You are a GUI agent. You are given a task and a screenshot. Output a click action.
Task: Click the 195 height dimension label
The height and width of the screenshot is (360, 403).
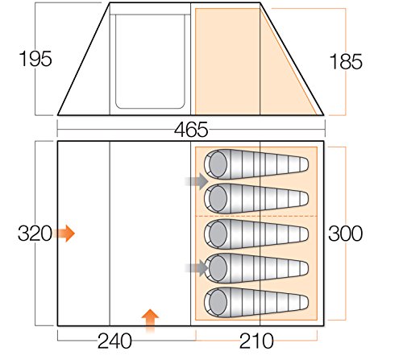35,59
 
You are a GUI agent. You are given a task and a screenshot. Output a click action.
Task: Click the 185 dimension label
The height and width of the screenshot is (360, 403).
346,62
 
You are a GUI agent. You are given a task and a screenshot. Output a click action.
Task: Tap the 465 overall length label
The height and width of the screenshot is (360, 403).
191,130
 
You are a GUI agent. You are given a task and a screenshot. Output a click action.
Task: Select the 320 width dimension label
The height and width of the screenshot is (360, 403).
35,234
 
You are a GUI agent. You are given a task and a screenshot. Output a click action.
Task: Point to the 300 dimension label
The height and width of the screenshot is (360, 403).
345,234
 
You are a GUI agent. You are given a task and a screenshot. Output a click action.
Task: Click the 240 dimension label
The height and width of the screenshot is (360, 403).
114,341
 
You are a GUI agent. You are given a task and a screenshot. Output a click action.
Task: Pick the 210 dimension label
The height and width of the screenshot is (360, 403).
256,341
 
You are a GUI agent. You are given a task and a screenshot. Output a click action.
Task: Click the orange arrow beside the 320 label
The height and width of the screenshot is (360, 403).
64,234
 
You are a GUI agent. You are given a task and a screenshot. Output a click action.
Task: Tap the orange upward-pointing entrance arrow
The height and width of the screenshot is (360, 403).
150,321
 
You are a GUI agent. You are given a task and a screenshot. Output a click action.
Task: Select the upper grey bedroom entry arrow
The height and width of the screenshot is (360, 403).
197,181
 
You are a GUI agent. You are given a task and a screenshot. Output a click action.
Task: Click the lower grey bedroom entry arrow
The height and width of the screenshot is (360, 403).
197,268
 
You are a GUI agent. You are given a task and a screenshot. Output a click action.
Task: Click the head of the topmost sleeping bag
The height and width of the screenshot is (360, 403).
218,164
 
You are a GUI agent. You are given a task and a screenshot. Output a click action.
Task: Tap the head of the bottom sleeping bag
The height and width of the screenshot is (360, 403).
218,302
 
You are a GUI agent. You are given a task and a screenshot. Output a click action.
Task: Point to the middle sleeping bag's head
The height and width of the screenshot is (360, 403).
218,234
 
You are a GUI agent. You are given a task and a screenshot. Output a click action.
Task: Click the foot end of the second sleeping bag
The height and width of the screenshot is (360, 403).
302,199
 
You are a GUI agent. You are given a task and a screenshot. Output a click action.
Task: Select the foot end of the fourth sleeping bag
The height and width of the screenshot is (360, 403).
302,268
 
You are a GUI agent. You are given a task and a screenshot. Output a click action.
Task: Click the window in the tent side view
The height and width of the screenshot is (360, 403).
150,62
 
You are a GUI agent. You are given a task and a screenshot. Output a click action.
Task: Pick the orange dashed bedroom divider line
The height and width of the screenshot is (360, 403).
256,216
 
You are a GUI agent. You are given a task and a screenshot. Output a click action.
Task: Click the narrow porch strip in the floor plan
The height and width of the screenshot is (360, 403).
84,234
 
